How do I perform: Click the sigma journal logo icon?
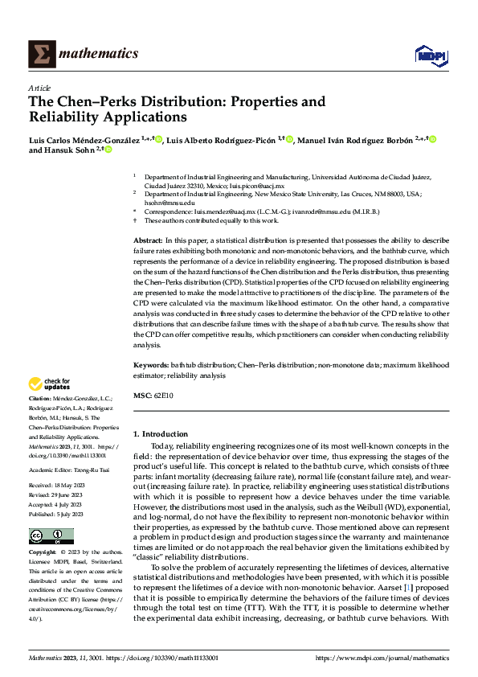(41, 54)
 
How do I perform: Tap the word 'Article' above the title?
(39, 88)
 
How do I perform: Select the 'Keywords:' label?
(150, 365)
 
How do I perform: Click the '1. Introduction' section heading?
(161, 434)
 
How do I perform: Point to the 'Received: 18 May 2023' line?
(59, 463)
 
